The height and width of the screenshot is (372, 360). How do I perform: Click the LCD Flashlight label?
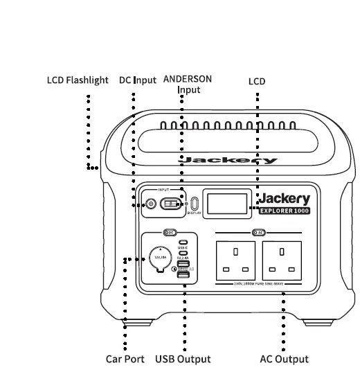78,80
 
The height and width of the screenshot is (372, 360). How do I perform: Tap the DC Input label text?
137,80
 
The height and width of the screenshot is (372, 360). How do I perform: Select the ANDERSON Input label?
187,84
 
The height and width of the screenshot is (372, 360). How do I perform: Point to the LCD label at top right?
257,81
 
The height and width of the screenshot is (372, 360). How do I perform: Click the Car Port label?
125,360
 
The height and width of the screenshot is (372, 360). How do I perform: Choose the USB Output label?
183,360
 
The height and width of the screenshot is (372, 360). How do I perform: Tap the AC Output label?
284,360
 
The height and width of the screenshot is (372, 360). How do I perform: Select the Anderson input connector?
171,204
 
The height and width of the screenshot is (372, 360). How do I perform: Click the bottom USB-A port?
183,276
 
